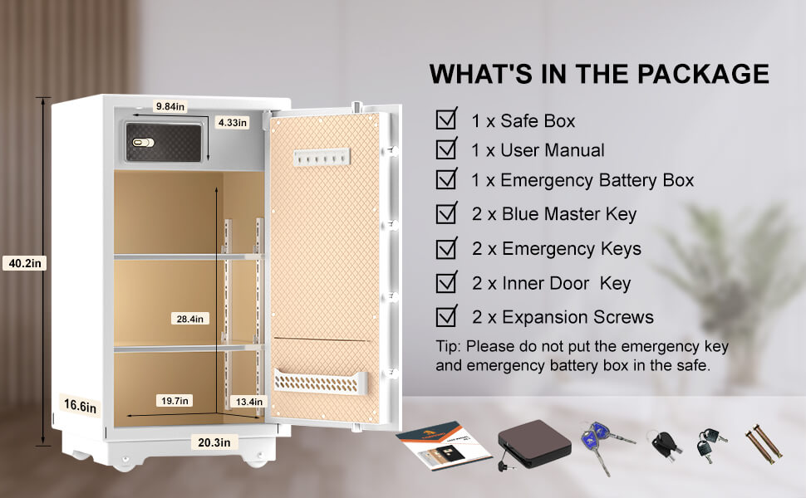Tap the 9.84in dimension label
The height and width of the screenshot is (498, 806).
[170, 106]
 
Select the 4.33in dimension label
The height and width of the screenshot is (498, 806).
[232, 122]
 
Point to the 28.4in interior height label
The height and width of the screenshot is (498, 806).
[190, 319]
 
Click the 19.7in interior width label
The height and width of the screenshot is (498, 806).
[174, 401]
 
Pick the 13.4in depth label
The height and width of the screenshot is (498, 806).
[247, 402]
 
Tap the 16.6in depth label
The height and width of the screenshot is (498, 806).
[80, 406]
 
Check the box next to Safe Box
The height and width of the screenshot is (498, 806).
[447, 120]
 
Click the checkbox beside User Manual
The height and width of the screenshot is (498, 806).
[447, 149]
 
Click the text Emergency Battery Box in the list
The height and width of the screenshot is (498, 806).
[597, 180]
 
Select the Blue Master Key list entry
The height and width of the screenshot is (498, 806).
[554, 214]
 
